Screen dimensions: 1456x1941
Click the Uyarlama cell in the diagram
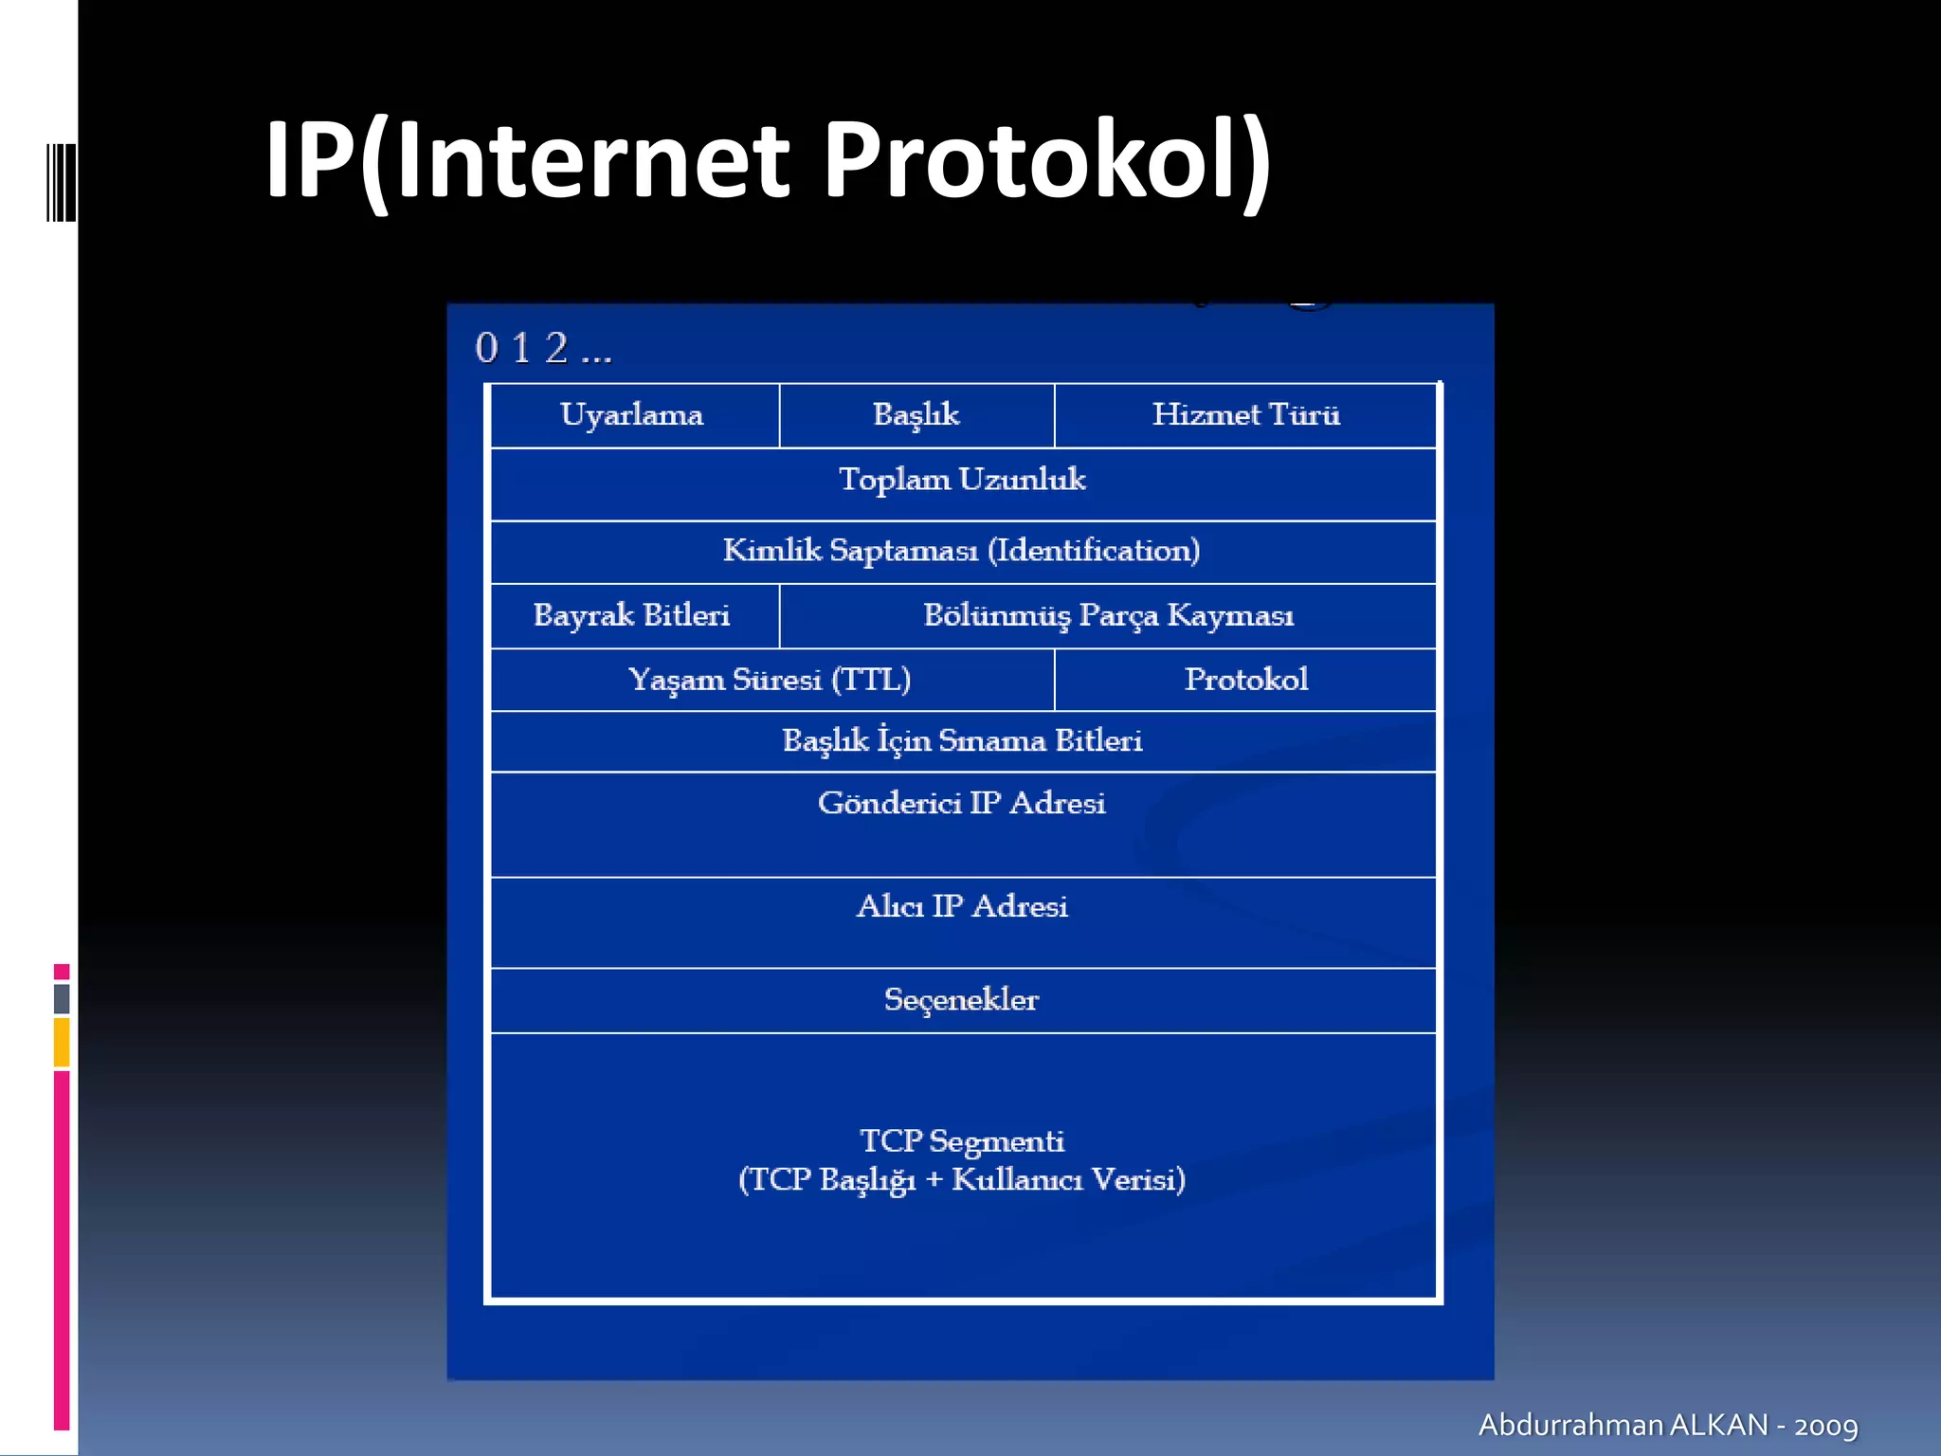[x=632, y=415]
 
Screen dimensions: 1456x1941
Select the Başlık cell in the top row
[x=916, y=415]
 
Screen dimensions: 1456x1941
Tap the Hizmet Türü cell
[x=1245, y=415]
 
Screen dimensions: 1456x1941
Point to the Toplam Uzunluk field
[x=962, y=480]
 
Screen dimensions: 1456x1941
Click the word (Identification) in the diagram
[x=1094, y=551]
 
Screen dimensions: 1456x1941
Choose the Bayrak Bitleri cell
[x=632, y=615]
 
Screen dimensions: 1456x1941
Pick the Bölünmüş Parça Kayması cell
[x=1108, y=615]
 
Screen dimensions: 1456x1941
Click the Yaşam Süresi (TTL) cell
[x=770, y=680]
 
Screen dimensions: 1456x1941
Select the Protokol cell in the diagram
[x=1245, y=680]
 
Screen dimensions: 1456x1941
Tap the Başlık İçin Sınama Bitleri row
[x=962, y=740]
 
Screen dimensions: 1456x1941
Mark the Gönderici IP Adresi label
[x=962, y=804]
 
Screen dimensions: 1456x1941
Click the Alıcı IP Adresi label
[x=962, y=907]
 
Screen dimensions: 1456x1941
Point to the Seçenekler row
[x=962, y=1000]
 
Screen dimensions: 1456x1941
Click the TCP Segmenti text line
[x=962, y=1141]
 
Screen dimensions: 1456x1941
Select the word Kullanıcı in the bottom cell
[x=1017, y=1180]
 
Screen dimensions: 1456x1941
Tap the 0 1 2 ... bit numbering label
[x=543, y=349]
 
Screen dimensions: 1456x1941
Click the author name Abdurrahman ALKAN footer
[x=1623, y=1425]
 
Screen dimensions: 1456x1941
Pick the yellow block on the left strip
[x=62, y=1042]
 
